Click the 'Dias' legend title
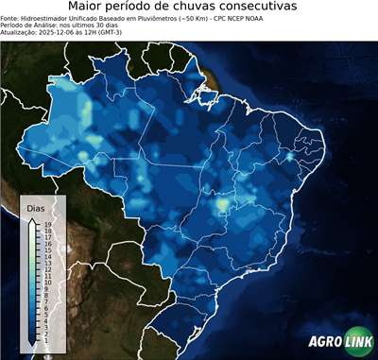tap(36, 208)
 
